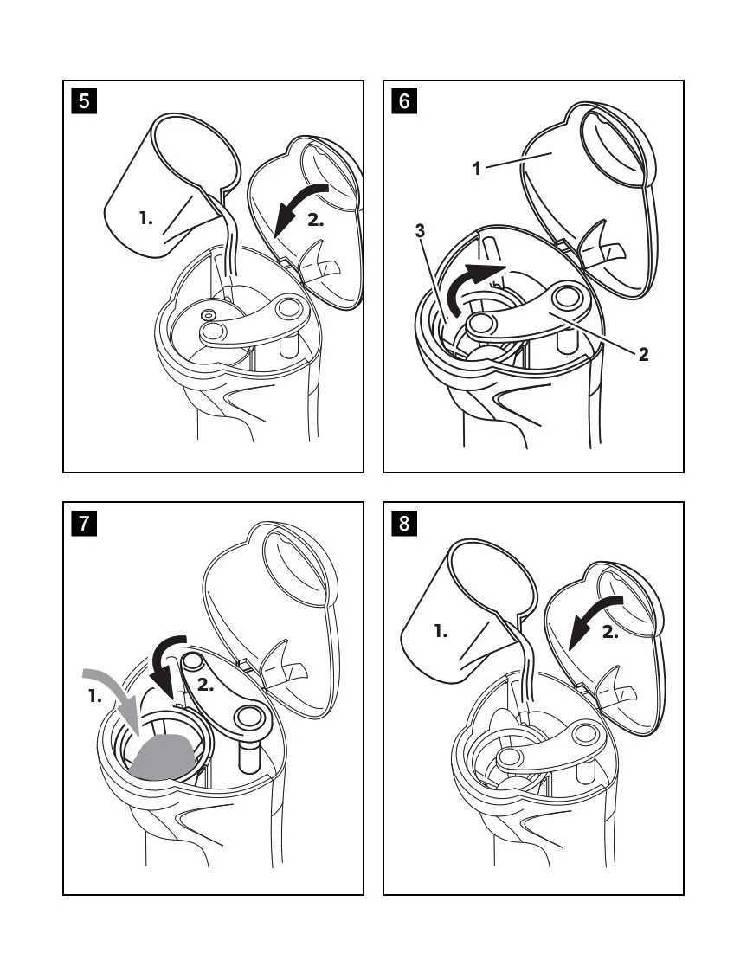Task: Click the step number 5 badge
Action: pyautogui.click(x=84, y=100)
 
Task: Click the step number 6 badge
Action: pyautogui.click(x=404, y=100)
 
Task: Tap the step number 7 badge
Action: pyautogui.click(x=84, y=523)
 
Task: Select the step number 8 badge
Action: pyautogui.click(x=404, y=523)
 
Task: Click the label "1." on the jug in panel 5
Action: pyautogui.click(x=146, y=218)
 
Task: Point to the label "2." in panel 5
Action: pyautogui.click(x=315, y=220)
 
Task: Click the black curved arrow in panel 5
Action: pyautogui.click(x=299, y=206)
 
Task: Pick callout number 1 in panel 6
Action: pyautogui.click(x=476, y=168)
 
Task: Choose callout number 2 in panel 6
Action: pyautogui.click(x=643, y=355)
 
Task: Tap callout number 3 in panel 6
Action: pyautogui.click(x=420, y=231)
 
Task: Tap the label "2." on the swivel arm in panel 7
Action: pyautogui.click(x=206, y=685)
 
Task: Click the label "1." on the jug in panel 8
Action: pyautogui.click(x=441, y=632)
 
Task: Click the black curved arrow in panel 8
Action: pyautogui.click(x=593, y=618)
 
